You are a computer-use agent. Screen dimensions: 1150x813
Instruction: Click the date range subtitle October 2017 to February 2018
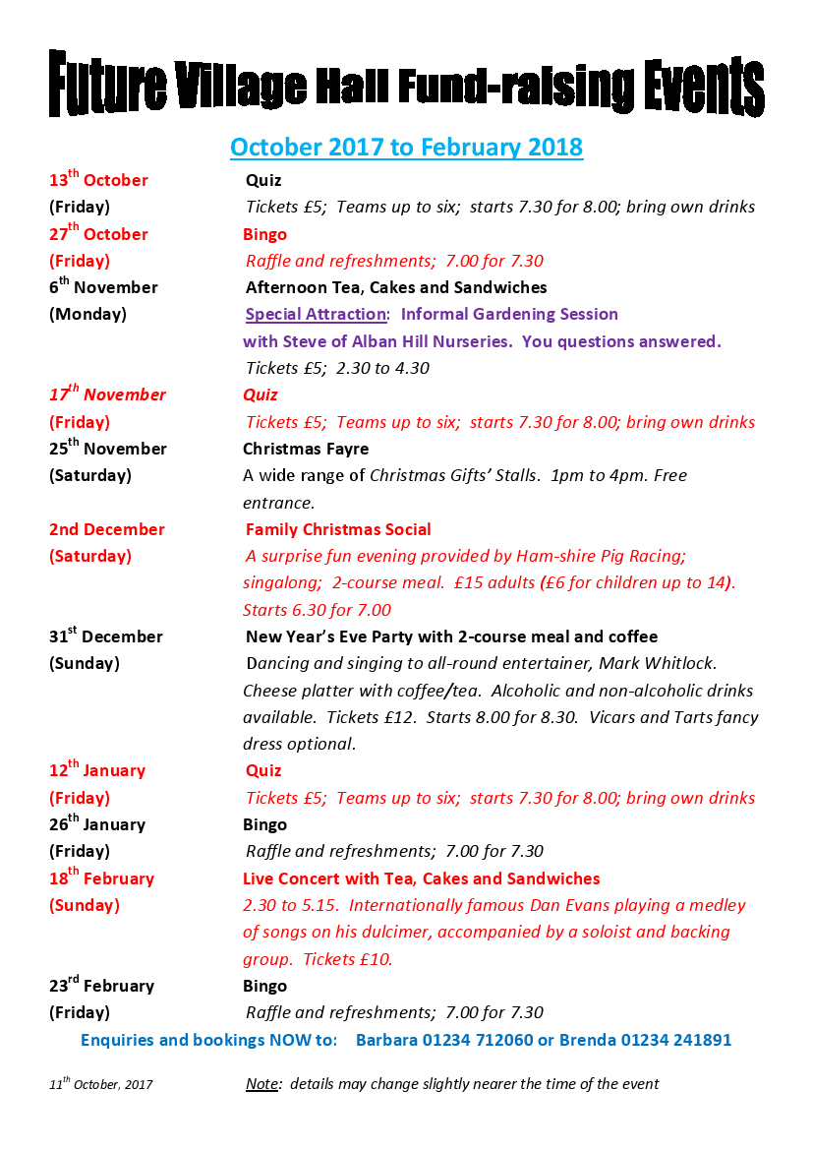[x=406, y=148]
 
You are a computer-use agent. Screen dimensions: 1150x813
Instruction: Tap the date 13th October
[x=98, y=180]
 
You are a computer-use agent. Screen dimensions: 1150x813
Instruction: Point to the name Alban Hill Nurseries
[x=419, y=341]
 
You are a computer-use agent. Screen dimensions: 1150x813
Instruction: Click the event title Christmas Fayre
[x=306, y=449]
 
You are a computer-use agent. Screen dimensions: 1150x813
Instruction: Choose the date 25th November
[x=108, y=449]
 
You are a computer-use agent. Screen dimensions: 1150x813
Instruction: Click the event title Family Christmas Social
[x=338, y=529]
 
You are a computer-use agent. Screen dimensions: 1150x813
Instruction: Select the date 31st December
[x=106, y=636]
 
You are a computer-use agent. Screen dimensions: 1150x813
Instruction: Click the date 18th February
[x=101, y=878]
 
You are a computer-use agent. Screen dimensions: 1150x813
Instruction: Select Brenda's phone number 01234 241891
[x=674, y=1040]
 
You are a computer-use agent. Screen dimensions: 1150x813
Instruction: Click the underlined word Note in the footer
[x=261, y=1084]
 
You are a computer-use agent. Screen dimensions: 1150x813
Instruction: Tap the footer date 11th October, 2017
[x=100, y=1084]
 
